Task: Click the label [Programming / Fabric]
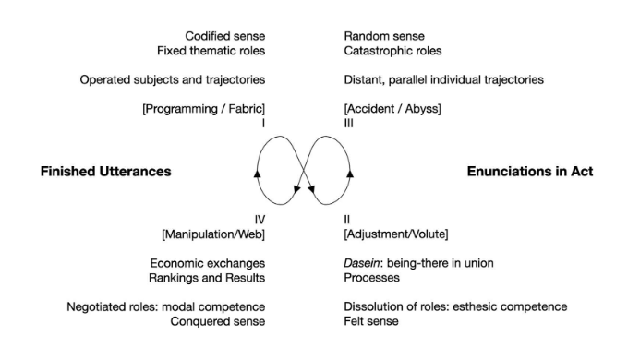pyautogui.click(x=203, y=109)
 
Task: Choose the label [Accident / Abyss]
pyautogui.click(x=392, y=109)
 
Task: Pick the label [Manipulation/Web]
pyautogui.click(x=213, y=234)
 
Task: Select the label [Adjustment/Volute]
pyautogui.click(x=396, y=234)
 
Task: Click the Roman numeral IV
pyautogui.click(x=260, y=220)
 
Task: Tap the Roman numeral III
pyautogui.click(x=348, y=123)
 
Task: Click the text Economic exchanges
pyautogui.click(x=208, y=263)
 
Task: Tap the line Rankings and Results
pyautogui.click(x=208, y=277)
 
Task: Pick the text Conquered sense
pyautogui.click(x=218, y=321)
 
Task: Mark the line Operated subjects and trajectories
pyautogui.click(x=173, y=80)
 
